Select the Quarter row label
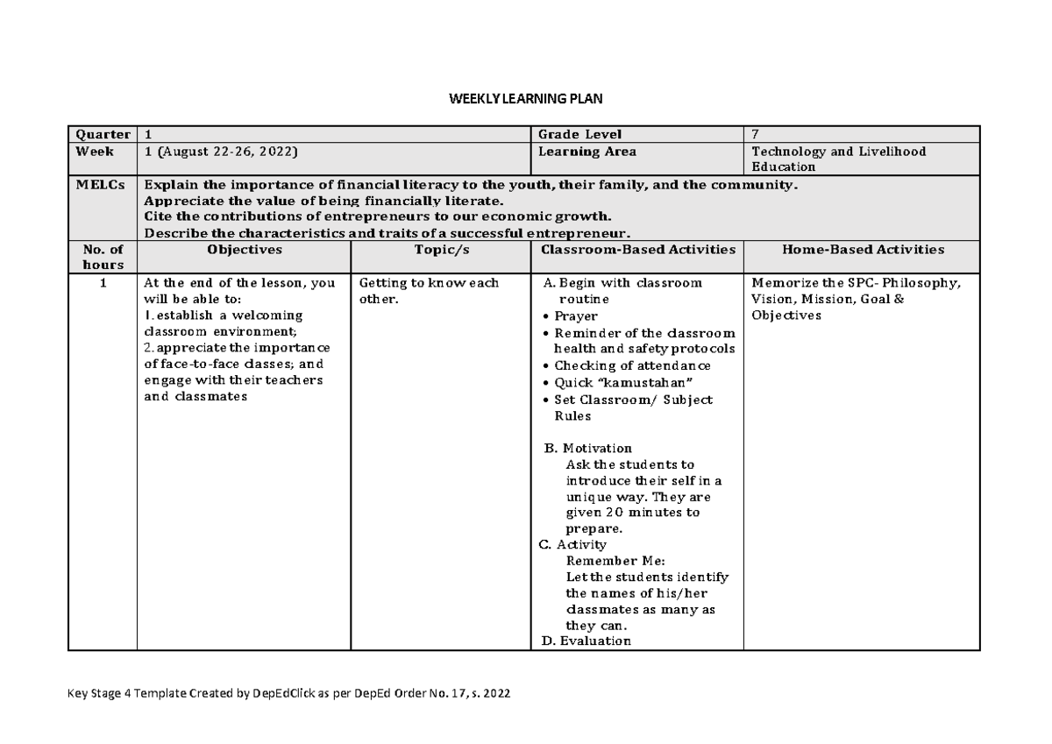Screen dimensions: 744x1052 [x=102, y=134]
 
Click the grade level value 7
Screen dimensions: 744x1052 [x=757, y=134]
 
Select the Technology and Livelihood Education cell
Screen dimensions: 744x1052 [x=838, y=159]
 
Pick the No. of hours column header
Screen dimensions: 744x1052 [x=103, y=257]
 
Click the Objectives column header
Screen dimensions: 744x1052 [x=244, y=250]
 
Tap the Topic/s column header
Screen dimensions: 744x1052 [x=440, y=250]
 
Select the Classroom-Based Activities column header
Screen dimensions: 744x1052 [x=637, y=250]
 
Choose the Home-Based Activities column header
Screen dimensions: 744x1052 [x=861, y=250]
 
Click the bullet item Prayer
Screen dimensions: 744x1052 [x=576, y=315]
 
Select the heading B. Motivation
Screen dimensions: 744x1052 [x=587, y=449]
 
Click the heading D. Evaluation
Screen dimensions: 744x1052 [x=585, y=641]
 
